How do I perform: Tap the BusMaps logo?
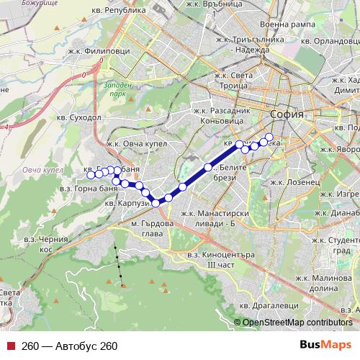point(325,346)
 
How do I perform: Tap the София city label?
point(287,114)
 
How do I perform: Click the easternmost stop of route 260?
point(270,137)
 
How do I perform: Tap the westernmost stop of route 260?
point(91,174)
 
